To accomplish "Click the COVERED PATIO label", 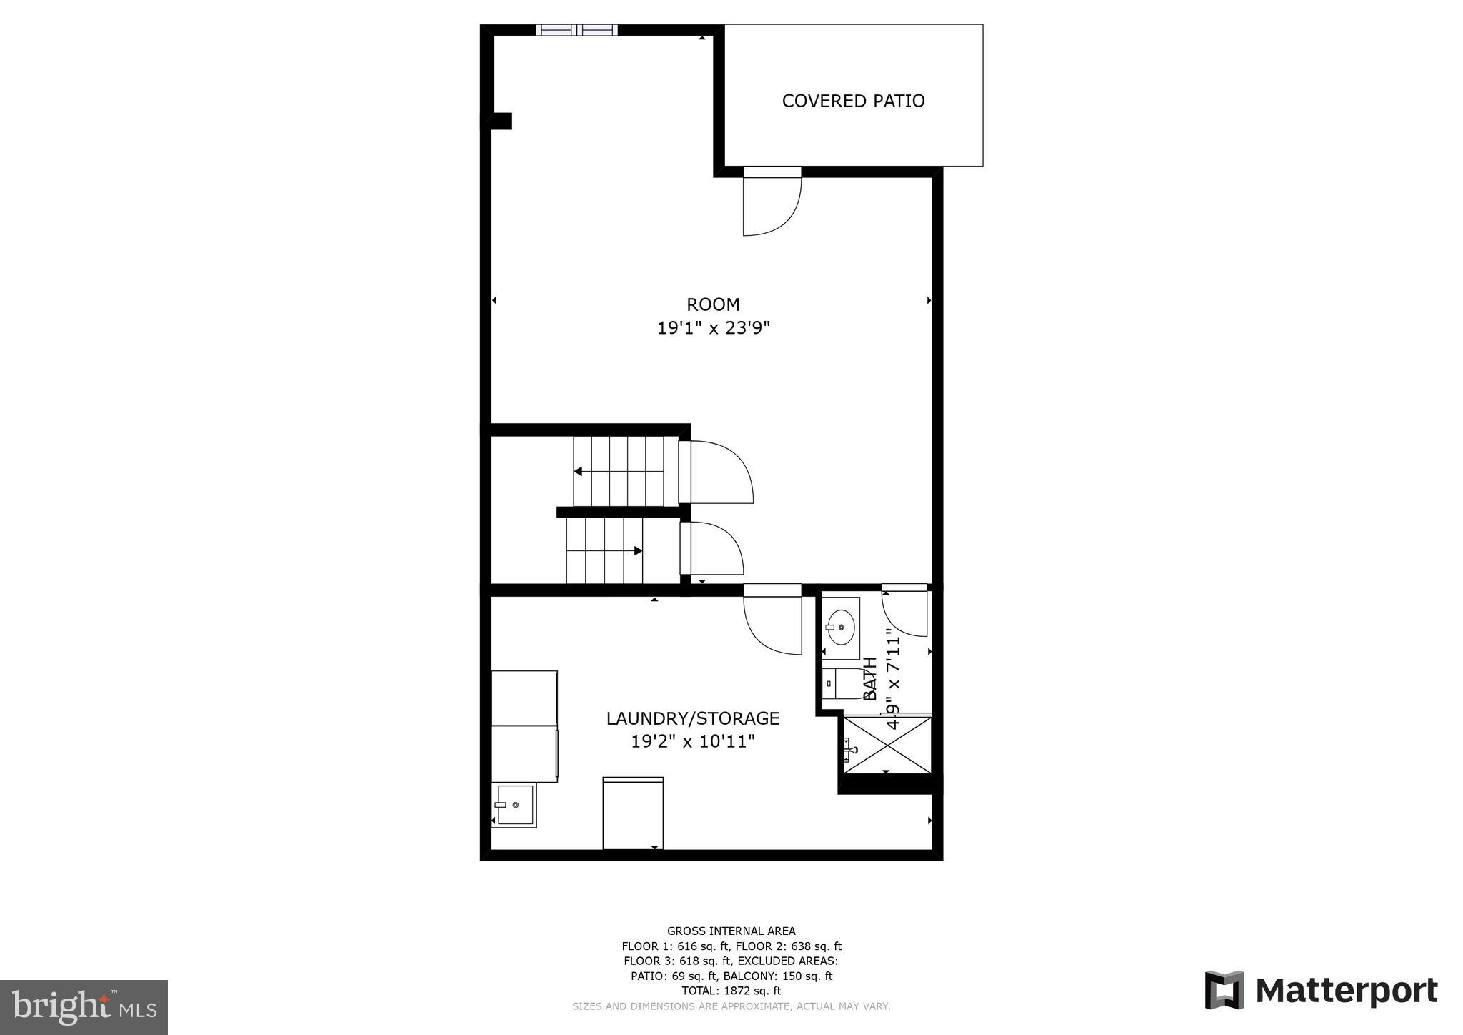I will click(x=853, y=101).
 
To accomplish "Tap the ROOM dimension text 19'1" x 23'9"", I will click(x=713, y=328).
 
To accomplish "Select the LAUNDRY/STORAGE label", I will click(x=692, y=718).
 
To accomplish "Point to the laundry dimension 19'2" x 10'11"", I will click(x=692, y=742).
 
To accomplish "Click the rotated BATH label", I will click(x=870, y=679).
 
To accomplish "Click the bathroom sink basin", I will click(x=842, y=628).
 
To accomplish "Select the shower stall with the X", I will click(x=887, y=745).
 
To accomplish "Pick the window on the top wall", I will click(x=576, y=30).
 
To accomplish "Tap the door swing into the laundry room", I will click(x=772, y=622).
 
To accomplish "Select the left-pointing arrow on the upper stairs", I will click(x=578, y=471).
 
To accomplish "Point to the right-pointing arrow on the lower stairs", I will click(x=638, y=550).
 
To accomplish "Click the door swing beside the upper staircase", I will click(x=718, y=472).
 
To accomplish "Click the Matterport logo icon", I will click(x=1224, y=990).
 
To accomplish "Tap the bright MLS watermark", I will click(x=84, y=1008).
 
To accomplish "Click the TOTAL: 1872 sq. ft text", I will click(x=731, y=991).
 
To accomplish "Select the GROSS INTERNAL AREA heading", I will click(x=731, y=931).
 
